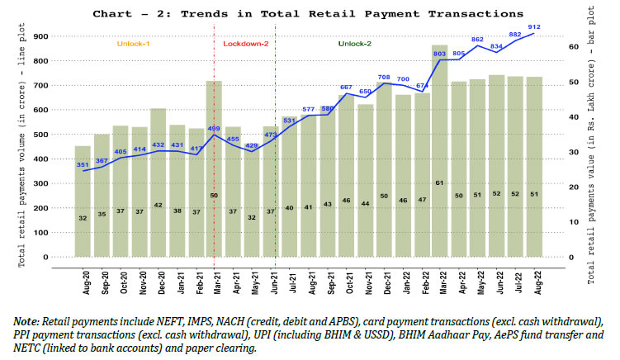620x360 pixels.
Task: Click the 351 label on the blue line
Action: pos(83,164)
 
